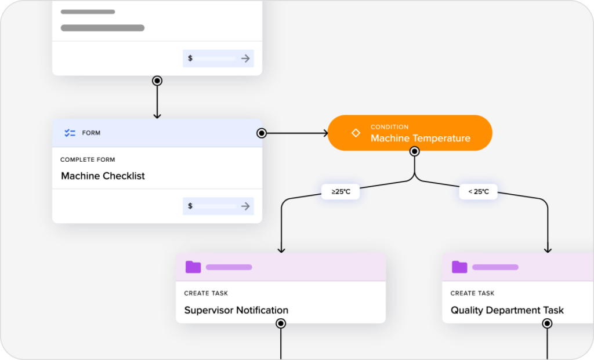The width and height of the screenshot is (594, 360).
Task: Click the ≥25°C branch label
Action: coord(341,192)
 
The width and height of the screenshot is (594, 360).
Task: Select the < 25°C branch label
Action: coord(478,192)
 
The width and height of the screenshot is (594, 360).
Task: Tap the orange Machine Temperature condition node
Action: coord(410,133)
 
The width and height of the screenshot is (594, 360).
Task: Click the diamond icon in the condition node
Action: coord(356,133)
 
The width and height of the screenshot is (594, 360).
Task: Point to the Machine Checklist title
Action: coord(103,176)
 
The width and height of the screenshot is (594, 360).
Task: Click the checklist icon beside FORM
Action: coord(70,133)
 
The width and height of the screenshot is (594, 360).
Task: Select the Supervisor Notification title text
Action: coord(236,310)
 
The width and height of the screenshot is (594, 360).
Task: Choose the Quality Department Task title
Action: coord(506,310)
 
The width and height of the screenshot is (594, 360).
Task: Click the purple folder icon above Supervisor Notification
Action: coord(193,267)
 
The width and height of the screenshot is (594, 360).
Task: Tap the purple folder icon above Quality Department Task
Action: coord(459,267)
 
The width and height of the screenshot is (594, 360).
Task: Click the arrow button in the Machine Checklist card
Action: coord(245,206)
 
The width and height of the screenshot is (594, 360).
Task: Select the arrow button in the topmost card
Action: coord(245,59)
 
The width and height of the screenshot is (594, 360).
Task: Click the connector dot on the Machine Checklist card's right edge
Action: coord(262,133)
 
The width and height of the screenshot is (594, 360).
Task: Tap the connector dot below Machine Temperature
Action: coord(414,152)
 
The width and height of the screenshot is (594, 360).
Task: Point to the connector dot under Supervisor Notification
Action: coord(281,323)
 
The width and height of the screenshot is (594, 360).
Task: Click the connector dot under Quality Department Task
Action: coord(547,323)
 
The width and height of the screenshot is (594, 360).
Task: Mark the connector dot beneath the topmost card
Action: coord(157,81)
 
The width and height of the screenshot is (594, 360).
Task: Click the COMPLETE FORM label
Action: coord(88,159)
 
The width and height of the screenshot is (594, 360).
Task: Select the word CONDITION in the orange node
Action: coord(389,127)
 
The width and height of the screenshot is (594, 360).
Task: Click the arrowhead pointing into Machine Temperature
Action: coord(324,133)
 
